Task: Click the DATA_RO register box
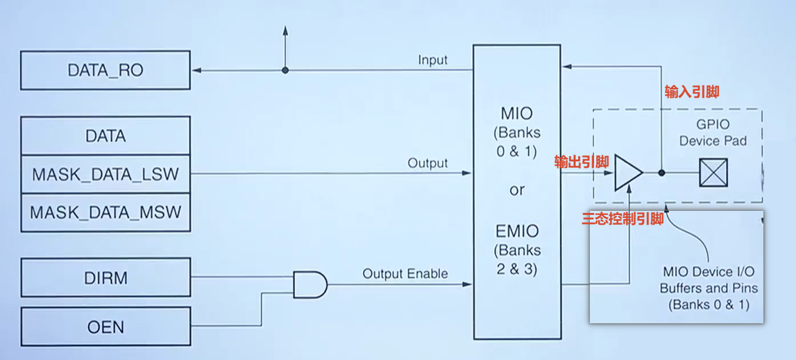105,70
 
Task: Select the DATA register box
105,136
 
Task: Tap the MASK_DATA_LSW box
105,174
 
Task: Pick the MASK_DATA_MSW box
105,212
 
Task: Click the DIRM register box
105,277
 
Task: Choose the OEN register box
105,327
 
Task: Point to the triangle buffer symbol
629,173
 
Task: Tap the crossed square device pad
713,173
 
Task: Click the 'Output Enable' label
405,274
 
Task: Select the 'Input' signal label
432,60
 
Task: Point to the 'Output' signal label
428,164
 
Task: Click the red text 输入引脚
692,92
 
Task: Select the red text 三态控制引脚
623,219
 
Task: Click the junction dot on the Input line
285,70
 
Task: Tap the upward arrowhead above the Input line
285,29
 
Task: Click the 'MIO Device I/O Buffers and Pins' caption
709,289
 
